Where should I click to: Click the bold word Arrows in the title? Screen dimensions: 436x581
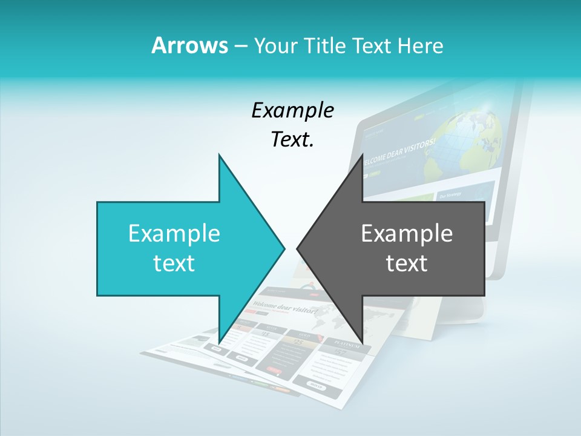pyautogui.click(x=189, y=45)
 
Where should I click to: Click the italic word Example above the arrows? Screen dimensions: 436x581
pyautogui.click(x=292, y=110)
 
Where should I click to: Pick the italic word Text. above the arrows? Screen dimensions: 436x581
pyautogui.click(x=292, y=140)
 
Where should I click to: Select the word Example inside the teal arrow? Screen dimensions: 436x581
pyautogui.click(x=174, y=233)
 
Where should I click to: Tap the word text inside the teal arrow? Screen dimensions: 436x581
pyautogui.click(x=174, y=263)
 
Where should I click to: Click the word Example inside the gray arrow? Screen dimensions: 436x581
pyautogui.click(x=407, y=233)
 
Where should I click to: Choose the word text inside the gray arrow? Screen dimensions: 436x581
pyautogui.click(x=407, y=263)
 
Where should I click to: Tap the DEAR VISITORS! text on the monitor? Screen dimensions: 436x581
pyautogui.click(x=412, y=151)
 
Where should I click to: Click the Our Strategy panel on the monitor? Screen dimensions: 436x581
pyautogui.click(x=451, y=195)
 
